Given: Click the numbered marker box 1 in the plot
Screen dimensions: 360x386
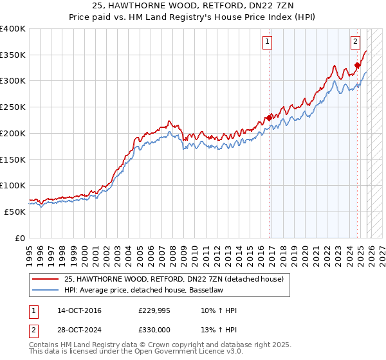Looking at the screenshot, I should click(266, 42).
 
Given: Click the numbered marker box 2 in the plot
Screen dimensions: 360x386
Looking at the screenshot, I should click(354, 42).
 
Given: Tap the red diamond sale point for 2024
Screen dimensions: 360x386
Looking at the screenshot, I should click(357, 65).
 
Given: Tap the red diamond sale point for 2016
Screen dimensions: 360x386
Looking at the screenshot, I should click(269, 118).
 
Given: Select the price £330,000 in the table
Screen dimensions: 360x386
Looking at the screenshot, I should click(154, 328).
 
